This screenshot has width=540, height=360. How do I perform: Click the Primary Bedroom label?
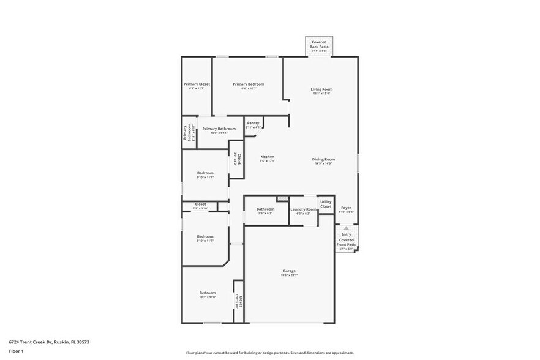248,84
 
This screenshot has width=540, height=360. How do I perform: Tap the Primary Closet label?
197,84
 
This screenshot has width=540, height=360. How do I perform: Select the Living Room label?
321,90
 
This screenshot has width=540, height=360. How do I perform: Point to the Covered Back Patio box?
320,45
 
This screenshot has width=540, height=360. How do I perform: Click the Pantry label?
253,123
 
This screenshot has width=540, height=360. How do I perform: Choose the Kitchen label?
268,157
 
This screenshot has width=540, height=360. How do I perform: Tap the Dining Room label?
324,160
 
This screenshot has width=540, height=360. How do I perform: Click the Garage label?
289,271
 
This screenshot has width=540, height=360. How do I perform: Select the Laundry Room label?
304,209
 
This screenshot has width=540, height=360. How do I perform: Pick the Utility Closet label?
326,204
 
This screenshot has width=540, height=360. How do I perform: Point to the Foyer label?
346,208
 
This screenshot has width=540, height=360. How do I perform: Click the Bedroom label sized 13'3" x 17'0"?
207,293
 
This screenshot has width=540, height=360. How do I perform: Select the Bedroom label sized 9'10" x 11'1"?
205,174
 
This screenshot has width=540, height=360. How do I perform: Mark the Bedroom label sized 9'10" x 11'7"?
205,237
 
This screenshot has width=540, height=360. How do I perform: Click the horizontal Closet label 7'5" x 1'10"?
201,204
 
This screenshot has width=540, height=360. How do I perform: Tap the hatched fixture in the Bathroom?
282,198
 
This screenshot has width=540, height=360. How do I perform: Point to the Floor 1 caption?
16,351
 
